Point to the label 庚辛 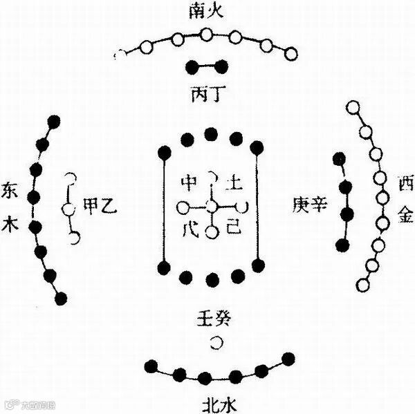pyautogui.click(x=309, y=205)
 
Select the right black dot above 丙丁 pyautogui.click(x=222, y=67)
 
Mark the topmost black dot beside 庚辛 pyautogui.click(x=338, y=160)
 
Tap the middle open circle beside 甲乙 pyautogui.click(x=67, y=208)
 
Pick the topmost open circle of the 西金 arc pyautogui.click(x=353, y=108)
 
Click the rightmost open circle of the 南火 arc pyautogui.click(x=290, y=53)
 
